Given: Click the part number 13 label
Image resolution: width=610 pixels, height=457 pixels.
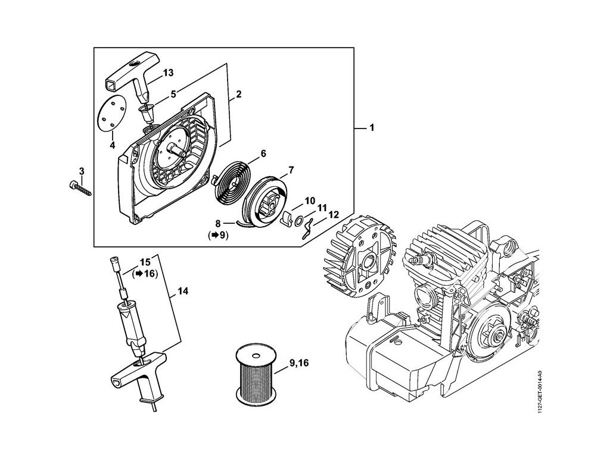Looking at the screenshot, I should [168, 73].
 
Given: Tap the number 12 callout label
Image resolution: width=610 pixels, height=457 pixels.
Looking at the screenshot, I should [334, 215].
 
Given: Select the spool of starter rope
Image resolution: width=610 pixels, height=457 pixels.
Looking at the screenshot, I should [256, 374].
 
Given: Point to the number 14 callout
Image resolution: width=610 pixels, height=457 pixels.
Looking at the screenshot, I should [183, 292].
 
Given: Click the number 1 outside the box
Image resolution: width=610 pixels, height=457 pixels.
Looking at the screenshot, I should [372, 127].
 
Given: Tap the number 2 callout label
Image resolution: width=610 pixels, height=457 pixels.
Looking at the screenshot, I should [238, 94].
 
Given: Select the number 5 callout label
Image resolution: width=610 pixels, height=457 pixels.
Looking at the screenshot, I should [173, 93].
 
